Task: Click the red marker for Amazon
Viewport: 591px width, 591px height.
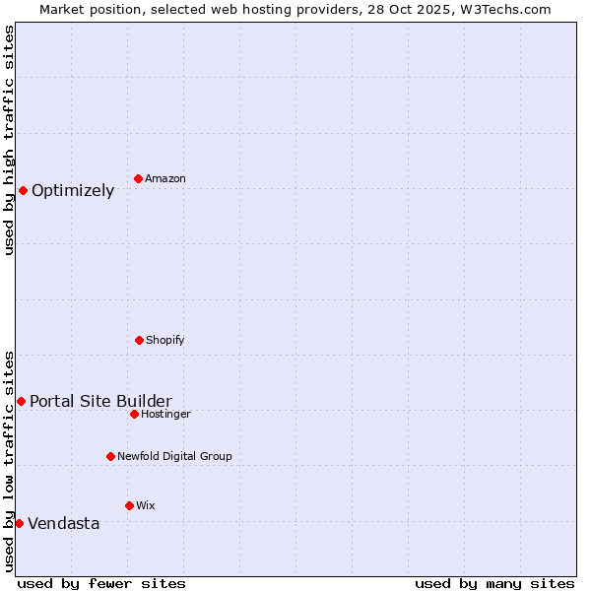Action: (138, 178)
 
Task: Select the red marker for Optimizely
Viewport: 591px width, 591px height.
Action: (23, 190)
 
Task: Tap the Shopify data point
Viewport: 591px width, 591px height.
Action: (139, 340)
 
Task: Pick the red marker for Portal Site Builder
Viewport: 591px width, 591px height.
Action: (21, 401)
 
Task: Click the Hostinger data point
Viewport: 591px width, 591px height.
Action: (134, 414)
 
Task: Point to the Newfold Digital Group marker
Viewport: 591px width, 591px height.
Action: (110, 456)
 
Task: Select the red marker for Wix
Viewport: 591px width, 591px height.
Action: (129, 505)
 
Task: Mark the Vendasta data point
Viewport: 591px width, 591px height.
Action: (19, 523)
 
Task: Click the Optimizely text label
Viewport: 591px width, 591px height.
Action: (73, 191)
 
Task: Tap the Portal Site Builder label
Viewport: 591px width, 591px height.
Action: (100, 401)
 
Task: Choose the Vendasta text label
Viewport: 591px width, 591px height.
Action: (64, 524)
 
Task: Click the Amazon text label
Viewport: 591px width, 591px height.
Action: (165, 178)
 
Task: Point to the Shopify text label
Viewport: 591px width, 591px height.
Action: (165, 340)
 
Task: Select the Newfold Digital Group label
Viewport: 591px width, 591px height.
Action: (174, 456)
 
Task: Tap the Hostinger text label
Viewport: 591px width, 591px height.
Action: (165, 414)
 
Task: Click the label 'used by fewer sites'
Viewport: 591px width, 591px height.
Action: (101, 583)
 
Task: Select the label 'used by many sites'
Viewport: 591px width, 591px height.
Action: (494, 583)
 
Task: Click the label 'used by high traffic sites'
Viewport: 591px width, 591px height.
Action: (9, 140)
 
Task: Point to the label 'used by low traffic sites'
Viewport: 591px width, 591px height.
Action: (9, 461)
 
